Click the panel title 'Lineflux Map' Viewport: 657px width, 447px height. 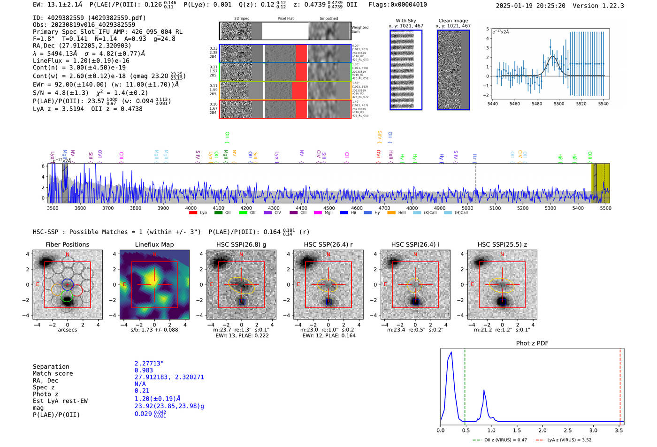point(154,244)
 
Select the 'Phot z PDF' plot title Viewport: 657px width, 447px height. point(532,343)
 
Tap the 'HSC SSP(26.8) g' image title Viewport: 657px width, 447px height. point(241,244)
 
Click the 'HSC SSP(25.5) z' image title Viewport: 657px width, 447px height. point(502,244)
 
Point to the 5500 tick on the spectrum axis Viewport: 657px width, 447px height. point(605,208)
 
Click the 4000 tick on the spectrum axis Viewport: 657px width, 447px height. point(191,208)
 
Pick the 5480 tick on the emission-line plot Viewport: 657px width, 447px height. point(537,104)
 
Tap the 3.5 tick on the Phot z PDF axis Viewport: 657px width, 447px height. point(619,430)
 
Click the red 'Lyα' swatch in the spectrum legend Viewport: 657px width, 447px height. point(193,213)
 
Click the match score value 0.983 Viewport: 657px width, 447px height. point(144,371)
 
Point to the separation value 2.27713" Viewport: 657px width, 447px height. point(149,364)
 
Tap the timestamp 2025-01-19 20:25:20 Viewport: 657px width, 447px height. point(530,6)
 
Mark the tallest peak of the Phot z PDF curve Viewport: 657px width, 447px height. point(451,352)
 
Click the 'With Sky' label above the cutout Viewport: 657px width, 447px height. point(405,21)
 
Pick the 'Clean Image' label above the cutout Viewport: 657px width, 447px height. point(453,21)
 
